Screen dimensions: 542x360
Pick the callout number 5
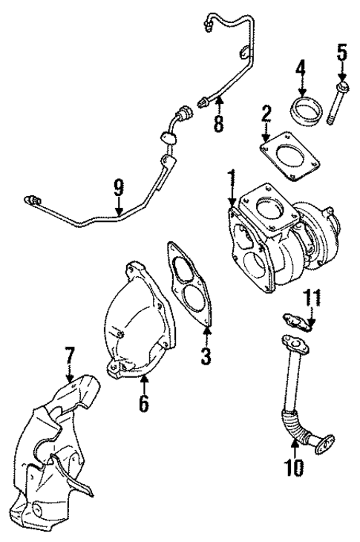pyautogui.click(x=342, y=53)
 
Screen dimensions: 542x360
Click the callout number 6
pyautogui.click(x=144, y=403)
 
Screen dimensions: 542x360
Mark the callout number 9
pyautogui.click(x=118, y=189)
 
